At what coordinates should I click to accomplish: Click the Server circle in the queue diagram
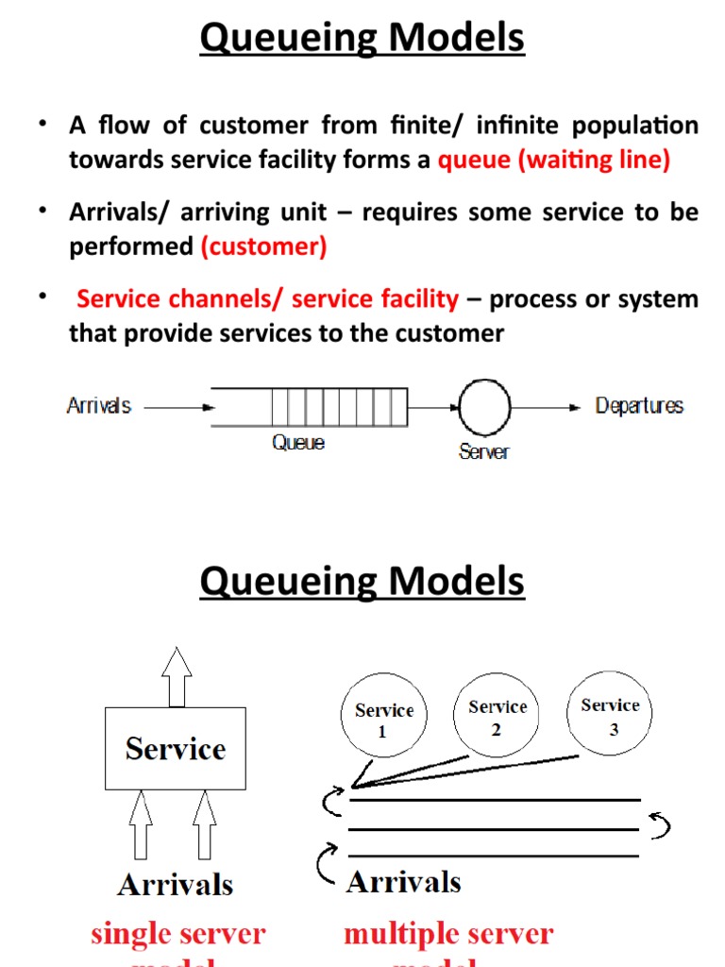pos(484,408)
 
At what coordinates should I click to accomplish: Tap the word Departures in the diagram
pos(639,406)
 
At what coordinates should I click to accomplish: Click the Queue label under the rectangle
pos(298,442)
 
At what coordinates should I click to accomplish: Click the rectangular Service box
pos(176,749)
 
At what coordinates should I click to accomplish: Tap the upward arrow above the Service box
pos(176,677)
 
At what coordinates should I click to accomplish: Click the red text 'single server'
pos(177,935)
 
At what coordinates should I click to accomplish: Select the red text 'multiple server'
pos(448,935)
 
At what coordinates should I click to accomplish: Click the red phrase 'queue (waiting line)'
pos(554,160)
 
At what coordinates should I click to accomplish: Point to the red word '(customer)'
pos(263,246)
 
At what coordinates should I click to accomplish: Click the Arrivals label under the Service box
pos(175,885)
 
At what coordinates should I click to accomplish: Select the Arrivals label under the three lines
pos(404,882)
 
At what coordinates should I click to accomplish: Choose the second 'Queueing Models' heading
pos(362,581)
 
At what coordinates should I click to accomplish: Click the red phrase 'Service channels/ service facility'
pos(267,299)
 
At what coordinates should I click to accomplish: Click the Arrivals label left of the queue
pos(98,406)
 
